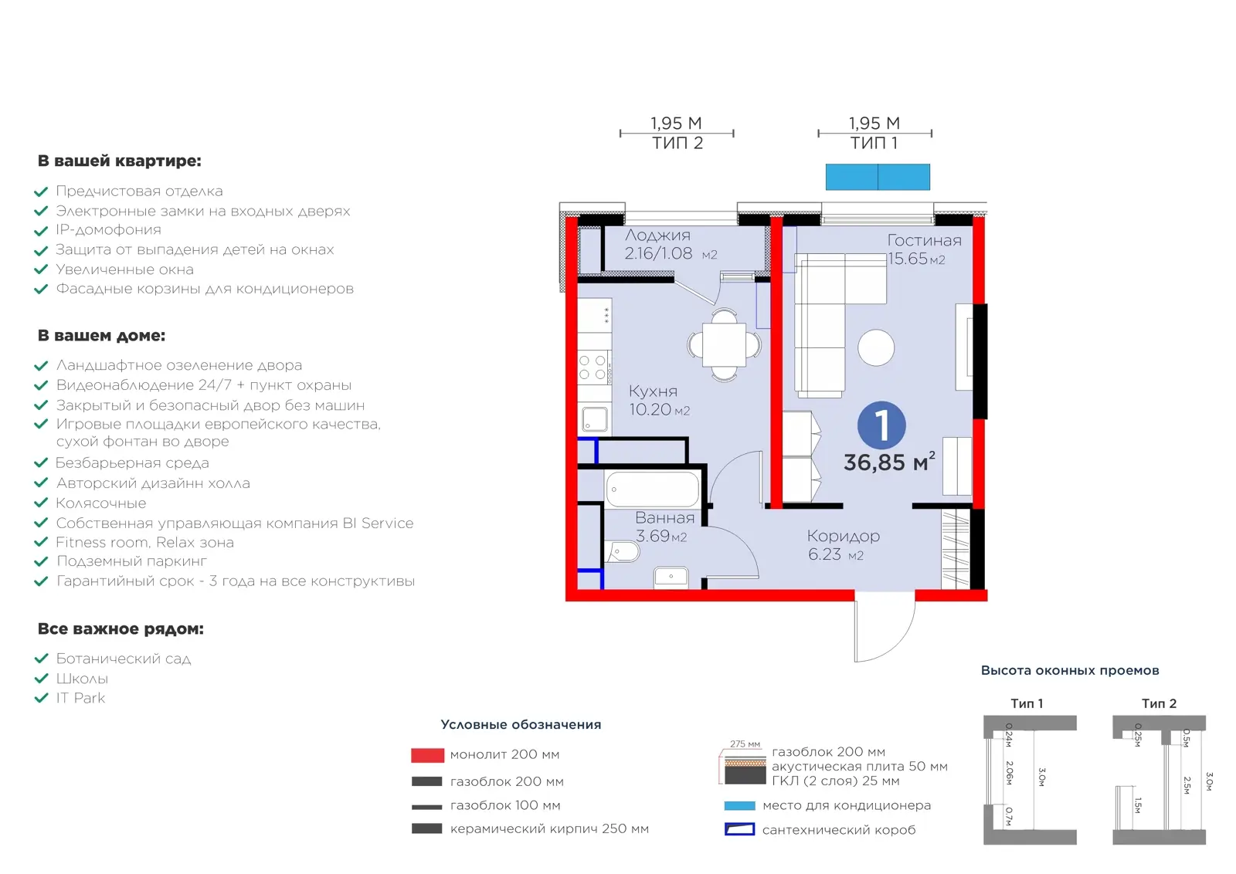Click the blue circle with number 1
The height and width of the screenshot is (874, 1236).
(x=881, y=425)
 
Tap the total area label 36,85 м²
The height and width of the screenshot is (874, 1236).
(x=889, y=462)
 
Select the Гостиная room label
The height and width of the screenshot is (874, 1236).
(x=924, y=240)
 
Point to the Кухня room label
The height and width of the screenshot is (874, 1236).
(x=653, y=391)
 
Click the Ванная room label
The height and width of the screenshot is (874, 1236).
(x=664, y=518)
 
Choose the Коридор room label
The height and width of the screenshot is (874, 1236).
(x=843, y=536)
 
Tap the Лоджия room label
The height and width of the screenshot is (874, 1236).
(x=657, y=235)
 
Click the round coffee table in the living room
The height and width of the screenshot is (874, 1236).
(x=876, y=347)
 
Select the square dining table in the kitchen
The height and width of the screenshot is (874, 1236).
(x=724, y=345)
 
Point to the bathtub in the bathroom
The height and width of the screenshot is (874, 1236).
(x=652, y=489)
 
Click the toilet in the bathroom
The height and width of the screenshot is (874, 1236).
(x=622, y=551)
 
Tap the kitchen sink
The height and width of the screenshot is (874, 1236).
(x=595, y=420)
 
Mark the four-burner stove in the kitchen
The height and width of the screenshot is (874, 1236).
(x=593, y=368)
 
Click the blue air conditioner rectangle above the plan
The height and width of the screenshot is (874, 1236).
(x=878, y=177)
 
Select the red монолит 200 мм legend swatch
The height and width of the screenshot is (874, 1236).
(x=428, y=755)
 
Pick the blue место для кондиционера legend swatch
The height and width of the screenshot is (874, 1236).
(x=739, y=805)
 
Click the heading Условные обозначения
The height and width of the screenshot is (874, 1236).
(x=521, y=724)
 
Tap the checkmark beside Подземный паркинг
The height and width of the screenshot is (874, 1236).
(x=42, y=561)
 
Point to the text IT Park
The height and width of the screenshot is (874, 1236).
(x=80, y=698)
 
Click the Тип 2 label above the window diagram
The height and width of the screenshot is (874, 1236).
(x=1159, y=703)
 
